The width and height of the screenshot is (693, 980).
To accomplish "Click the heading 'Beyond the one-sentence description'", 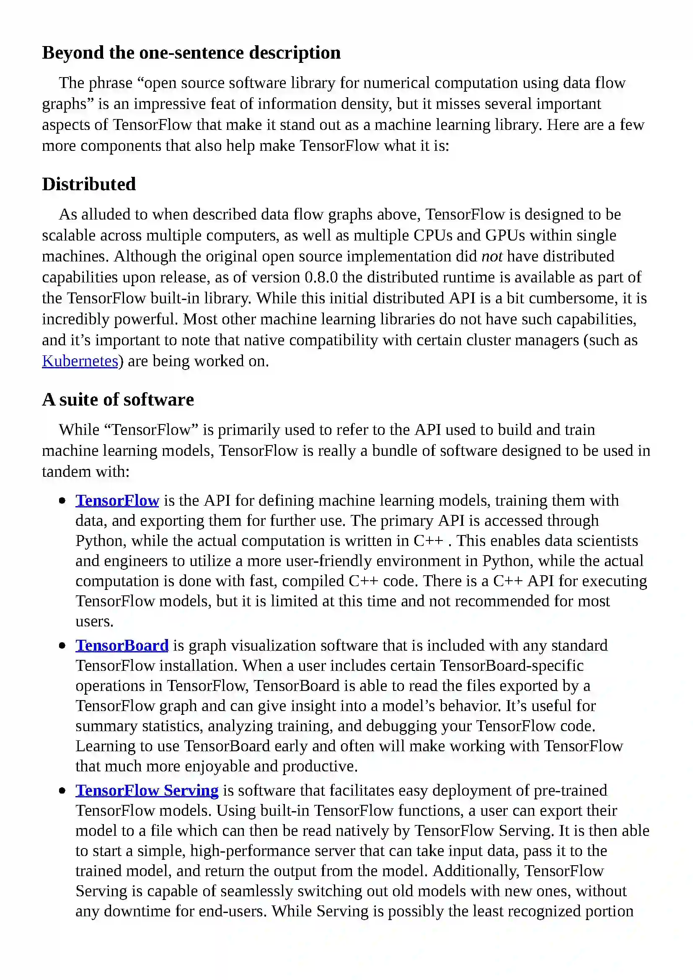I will coord(191,53).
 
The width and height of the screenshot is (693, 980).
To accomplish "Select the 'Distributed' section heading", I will coord(89,184).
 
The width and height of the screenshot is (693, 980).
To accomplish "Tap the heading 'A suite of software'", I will coord(118,400).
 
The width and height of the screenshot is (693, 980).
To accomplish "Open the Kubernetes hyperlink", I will coord(80,361).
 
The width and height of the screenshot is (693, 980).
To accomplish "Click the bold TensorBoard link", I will coord(122,645).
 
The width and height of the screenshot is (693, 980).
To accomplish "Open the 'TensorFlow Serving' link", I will coord(147,791).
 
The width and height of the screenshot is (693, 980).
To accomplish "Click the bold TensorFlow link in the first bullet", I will coord(117,500).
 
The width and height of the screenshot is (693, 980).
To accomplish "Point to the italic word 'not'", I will coord(491,256).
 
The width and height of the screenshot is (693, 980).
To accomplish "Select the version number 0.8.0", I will coord(321,277).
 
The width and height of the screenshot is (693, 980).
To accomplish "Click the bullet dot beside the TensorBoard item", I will coord(63,646).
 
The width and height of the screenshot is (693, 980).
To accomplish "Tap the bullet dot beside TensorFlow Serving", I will coord(63,791).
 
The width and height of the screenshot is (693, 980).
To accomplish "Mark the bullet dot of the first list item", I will coord(63,501).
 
